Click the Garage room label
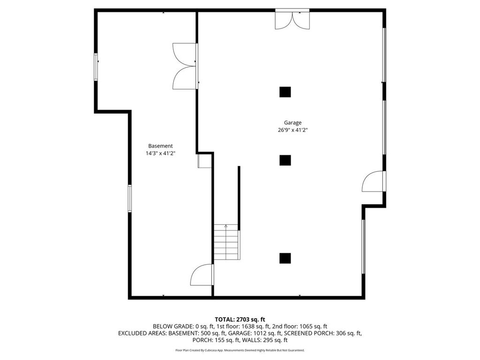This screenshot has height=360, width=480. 293,123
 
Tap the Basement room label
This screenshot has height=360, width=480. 160,146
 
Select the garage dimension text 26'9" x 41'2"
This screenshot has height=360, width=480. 293,130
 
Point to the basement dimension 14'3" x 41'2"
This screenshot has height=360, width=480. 160,153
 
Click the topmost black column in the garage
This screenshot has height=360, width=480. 285,92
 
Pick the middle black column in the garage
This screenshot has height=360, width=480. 285,160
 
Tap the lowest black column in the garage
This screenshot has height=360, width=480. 285,258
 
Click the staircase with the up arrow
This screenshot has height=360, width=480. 226,242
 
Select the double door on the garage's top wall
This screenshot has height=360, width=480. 292,19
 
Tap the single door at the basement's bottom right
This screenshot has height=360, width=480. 202,275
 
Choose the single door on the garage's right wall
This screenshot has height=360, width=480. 374,181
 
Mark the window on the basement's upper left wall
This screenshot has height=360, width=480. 96,67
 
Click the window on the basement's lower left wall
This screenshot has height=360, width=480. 130,199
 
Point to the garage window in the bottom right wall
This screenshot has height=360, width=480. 364,246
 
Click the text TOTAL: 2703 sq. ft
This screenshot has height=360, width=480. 240,320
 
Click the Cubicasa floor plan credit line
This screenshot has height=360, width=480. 240,350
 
